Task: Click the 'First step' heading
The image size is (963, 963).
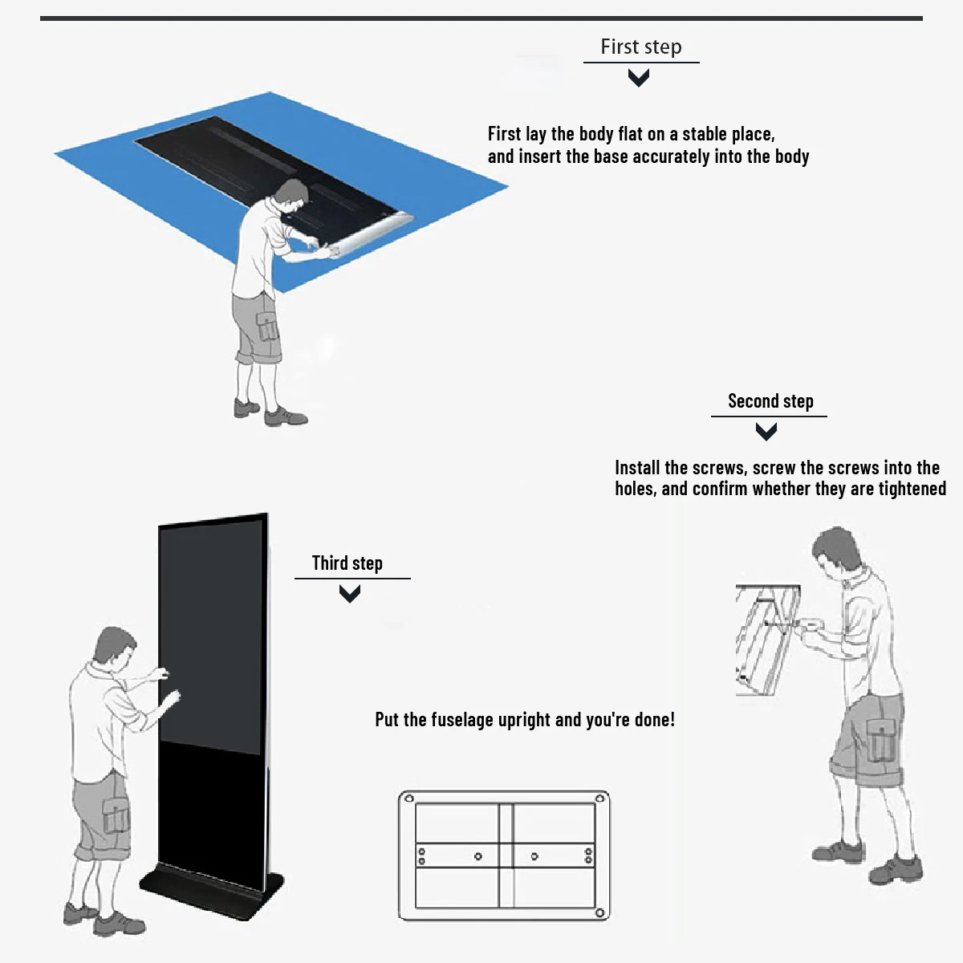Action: coord(640,47)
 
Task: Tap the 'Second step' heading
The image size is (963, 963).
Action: coord(770,401)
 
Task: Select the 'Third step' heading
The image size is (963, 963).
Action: coord(347,563)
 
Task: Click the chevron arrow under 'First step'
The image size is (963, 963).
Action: coord(639,78)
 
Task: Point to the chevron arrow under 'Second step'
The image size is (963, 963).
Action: coord(766,432)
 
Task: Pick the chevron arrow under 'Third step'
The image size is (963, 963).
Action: coord(349,594)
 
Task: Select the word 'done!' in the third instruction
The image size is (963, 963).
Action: coord(654,720)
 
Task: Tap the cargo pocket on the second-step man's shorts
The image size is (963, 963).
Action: coord(881,739)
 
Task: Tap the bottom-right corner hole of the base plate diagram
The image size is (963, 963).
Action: coord(599,913)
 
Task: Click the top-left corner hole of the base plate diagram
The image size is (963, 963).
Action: coord(408,798)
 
